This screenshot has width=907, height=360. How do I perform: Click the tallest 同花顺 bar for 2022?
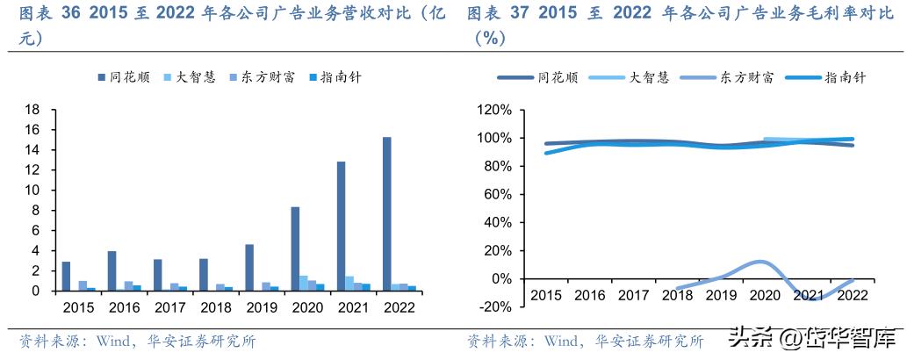point(386,213)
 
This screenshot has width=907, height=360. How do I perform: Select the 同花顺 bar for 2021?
point(340,226)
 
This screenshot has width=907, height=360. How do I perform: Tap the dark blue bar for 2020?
point(295,248)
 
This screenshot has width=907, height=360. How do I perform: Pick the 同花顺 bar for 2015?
point(66,276)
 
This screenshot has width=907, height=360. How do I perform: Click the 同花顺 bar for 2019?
point(249,267)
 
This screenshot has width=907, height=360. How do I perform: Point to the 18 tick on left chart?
point(33,110)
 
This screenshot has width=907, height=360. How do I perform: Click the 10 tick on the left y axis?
point(33,190)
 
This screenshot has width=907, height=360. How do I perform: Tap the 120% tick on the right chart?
point(493,110)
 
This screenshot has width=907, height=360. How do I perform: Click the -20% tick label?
point(493,307)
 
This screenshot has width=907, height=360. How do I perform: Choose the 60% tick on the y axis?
point(496,194)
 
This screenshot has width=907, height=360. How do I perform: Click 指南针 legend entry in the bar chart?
point(334,77)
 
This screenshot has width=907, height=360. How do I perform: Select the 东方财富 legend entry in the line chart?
point(745,77)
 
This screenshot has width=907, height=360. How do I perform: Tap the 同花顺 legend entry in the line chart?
point(557,77)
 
